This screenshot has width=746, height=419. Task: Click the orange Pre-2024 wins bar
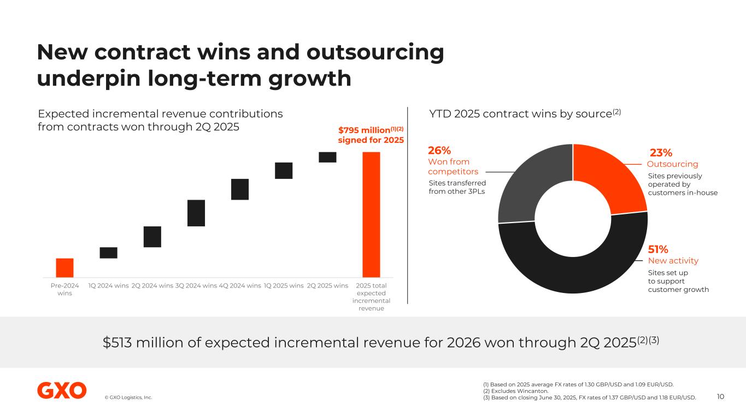[x=64, y=267]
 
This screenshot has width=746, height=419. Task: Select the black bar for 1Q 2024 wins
[x=108, y=253]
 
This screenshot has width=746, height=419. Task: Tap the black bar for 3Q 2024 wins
[x=196, y=213]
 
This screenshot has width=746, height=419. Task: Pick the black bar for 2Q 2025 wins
[x=327, y=157]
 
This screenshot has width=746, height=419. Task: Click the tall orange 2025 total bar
[x=372, y=214]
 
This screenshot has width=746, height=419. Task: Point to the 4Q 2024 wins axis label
[x=239, y=285]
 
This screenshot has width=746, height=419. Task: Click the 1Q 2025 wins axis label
[x=283, y=285]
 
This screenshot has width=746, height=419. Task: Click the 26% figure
[x=439, y=151]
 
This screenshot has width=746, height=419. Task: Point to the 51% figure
[x=658, y=249]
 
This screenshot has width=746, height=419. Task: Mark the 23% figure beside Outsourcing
[x=661, y=153]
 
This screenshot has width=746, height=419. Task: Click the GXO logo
[x=62, y=391]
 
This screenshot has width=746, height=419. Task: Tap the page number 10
[x=720, y=397]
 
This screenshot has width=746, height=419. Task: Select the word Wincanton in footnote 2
[x=524, y=391]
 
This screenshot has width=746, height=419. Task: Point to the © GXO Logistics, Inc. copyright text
[x=128, y=397]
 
